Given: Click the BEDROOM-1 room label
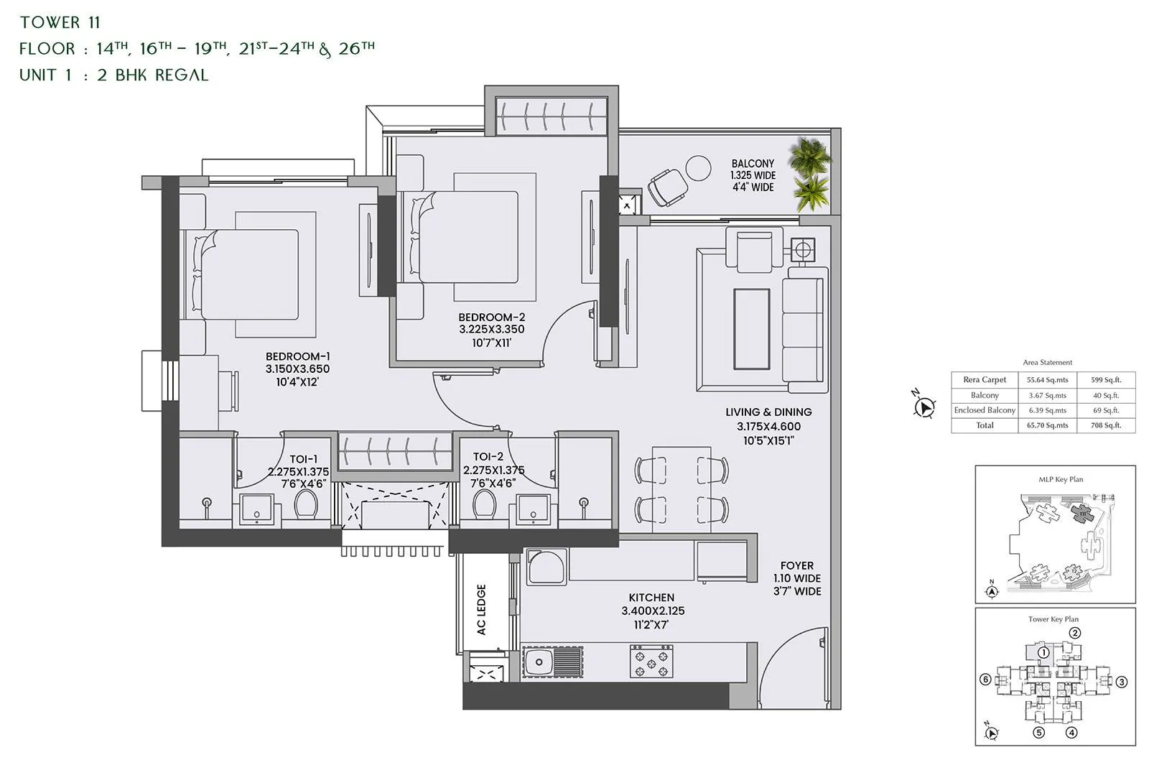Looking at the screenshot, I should (x=297, y=356).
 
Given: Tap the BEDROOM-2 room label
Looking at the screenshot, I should (x=492, y=317).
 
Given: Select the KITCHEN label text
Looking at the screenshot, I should (x=651, y=598).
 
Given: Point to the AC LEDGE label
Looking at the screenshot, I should (x=481, y=609).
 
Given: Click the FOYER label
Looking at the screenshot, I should (x=797, y=566).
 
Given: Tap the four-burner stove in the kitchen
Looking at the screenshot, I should (x=651, y=662).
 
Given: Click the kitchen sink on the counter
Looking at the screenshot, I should (x=552, y=662).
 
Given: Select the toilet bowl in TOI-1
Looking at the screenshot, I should (x=307, y=505).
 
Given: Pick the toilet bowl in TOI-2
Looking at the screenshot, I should (x=485, y=504).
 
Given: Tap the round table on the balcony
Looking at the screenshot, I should (x=698, y=169).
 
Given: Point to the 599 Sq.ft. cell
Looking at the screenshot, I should (x=1106, y=380).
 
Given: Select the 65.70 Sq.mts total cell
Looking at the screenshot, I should (x=1047, y=425).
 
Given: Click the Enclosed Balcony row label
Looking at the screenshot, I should (x=985, y=410).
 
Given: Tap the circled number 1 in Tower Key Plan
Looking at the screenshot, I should (x=1044, y=652).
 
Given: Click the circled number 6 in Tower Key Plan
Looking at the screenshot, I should (x=985, y=680).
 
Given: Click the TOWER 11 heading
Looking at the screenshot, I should (x=60, y=22).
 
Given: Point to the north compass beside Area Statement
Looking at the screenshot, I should (x=925, y=407).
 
